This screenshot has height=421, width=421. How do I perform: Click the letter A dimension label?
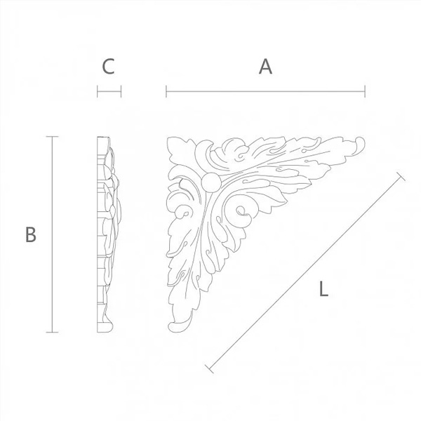(265, 67)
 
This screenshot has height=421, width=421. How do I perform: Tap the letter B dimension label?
(31, 234)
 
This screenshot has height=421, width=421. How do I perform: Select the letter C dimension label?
(109, 67)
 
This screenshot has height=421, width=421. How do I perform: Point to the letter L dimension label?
(323, 288)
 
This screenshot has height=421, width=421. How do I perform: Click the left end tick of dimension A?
(166, 91)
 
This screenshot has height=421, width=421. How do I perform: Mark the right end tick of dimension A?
(365, 91)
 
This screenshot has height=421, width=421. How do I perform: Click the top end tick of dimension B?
(52, 137)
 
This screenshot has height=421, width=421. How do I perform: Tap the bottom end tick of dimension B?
(52, 333)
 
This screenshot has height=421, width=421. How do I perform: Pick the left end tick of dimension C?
(98, 91)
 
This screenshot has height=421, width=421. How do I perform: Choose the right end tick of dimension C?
(121, 91)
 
